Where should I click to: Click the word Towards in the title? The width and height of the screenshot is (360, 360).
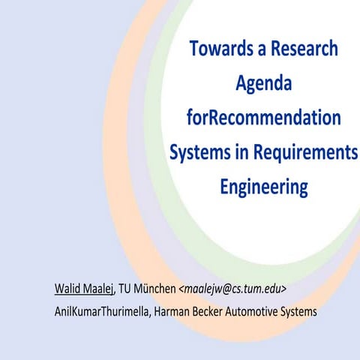pos(217,50)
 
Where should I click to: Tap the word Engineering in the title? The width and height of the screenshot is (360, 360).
pos(263,185)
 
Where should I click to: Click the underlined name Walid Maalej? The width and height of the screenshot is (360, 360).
pos(84,289)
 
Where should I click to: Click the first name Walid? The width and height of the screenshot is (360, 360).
pos(67,289)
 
